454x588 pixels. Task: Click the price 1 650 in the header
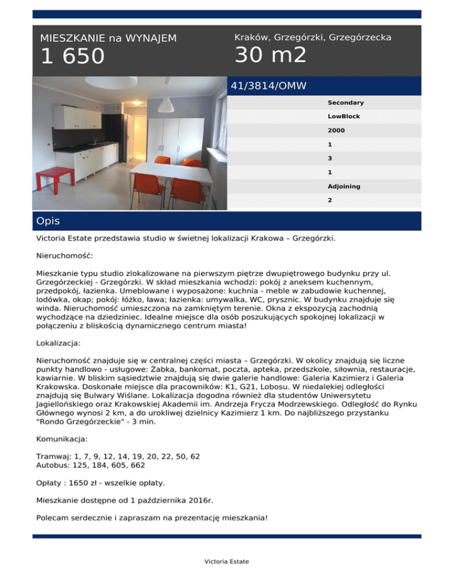point(72,57)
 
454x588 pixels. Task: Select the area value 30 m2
point(271,56)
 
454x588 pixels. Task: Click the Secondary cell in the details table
point(345,102)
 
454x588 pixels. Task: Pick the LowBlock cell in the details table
point(343,117)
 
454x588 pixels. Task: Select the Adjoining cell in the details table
point(344,186)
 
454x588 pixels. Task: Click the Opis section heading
point(48,221)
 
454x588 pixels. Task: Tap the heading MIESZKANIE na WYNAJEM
point(108,38)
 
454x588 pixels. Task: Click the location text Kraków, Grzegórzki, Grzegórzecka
point(313,37)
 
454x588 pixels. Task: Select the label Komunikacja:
point(62,440)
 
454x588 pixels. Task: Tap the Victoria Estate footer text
point(227,561)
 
